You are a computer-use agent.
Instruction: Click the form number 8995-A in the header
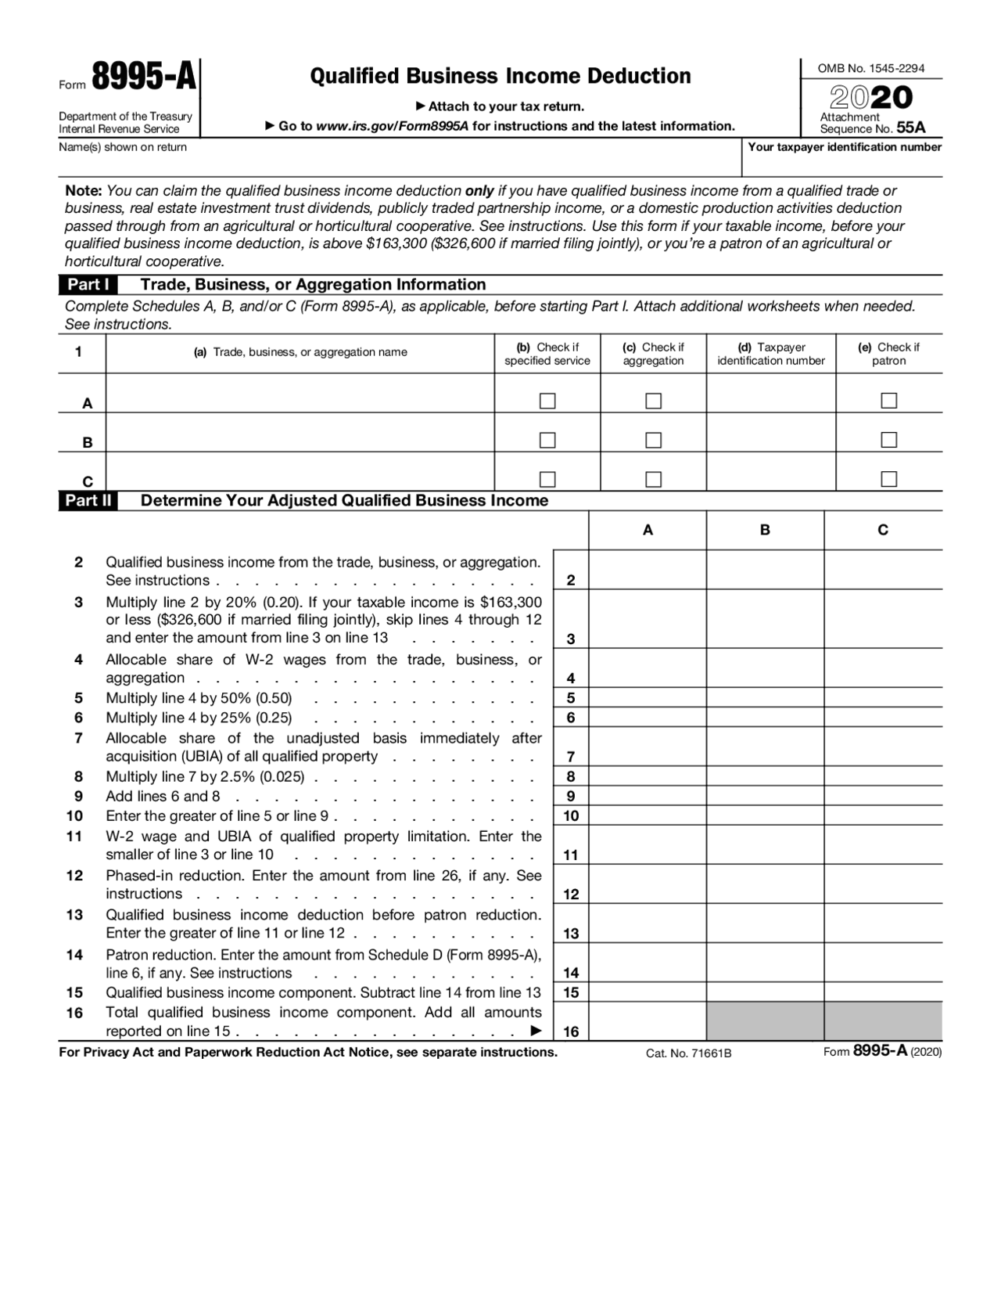[x=144, y=79]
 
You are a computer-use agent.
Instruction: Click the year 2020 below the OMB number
[x=870, y=98]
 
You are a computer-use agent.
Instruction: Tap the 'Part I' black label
[x=88, y=285]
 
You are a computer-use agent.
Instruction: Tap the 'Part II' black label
[x=88, y=501]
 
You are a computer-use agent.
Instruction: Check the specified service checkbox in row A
[x=547, y=401]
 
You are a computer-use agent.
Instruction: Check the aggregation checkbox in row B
[x=653, y=440]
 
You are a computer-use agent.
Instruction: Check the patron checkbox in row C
[x=888, y=479]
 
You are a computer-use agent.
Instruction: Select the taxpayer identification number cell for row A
[x=770, y=394]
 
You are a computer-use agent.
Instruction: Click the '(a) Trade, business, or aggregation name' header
[x=300, y=353]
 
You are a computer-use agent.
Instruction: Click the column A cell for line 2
[x=647, y=570]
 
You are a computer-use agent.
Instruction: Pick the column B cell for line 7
[x=765, y=747]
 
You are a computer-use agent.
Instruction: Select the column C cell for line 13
[x=883, y=923]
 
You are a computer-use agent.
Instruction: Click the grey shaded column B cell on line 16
[x=765, y=1021]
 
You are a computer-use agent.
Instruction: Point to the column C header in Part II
[x=883, y=531]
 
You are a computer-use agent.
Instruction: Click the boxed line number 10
[x=571, y=816]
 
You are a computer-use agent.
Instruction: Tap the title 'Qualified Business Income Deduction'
[x=500, y=76]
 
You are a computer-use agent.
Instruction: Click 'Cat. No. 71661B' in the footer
[x=688, y=1053]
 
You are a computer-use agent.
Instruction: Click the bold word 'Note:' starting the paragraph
[x=84, y=191]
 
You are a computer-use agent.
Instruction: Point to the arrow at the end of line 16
[x=536, y=1031]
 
